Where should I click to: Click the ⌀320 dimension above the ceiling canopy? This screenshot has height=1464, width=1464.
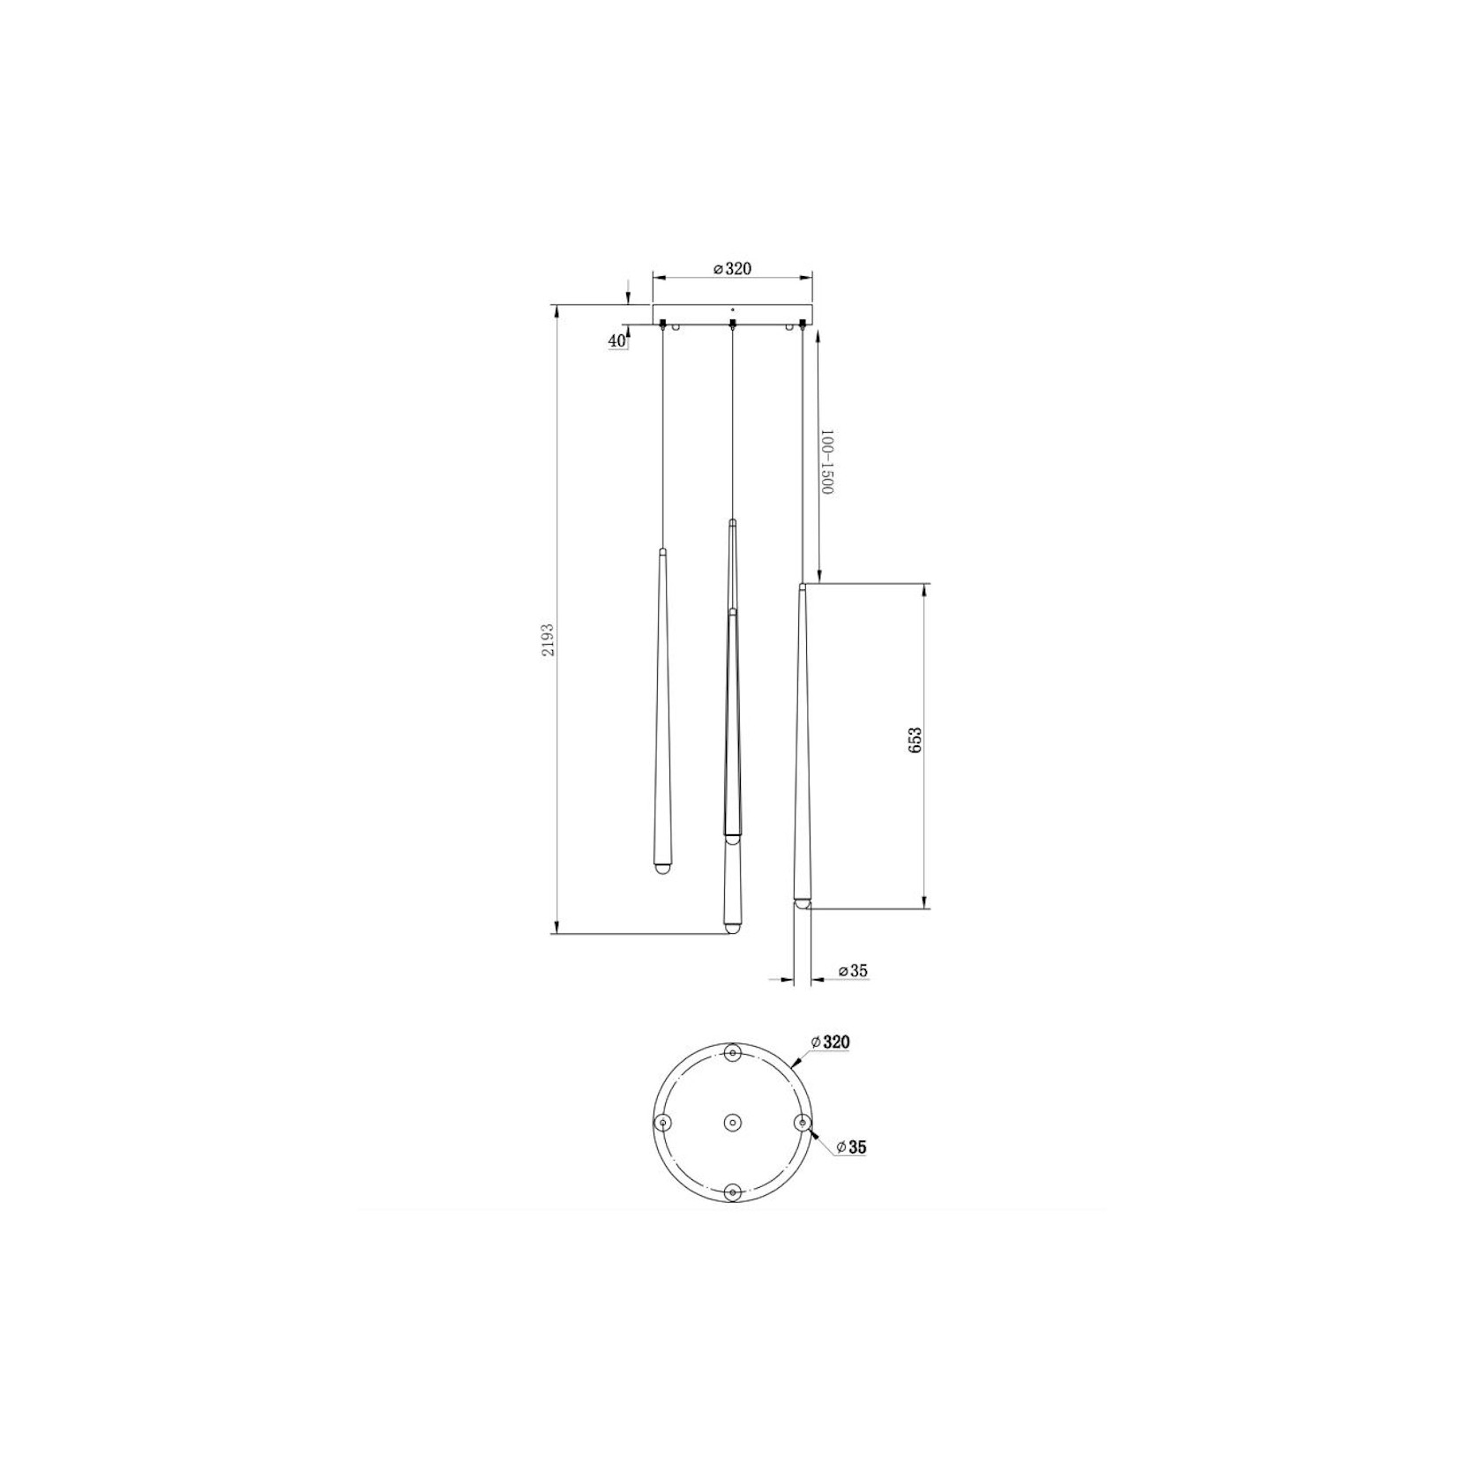(732, 268)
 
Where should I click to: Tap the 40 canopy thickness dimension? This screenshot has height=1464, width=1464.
(616, 341)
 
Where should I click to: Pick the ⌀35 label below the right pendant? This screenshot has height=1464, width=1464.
(853, 971)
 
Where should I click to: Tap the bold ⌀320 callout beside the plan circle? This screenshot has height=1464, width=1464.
(831, 1042)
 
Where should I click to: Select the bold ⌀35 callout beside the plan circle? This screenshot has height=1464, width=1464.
(851, 1147)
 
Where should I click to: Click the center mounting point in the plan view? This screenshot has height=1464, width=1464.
(732, 1123)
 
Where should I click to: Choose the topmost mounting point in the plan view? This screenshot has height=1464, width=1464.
(732, 1053)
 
